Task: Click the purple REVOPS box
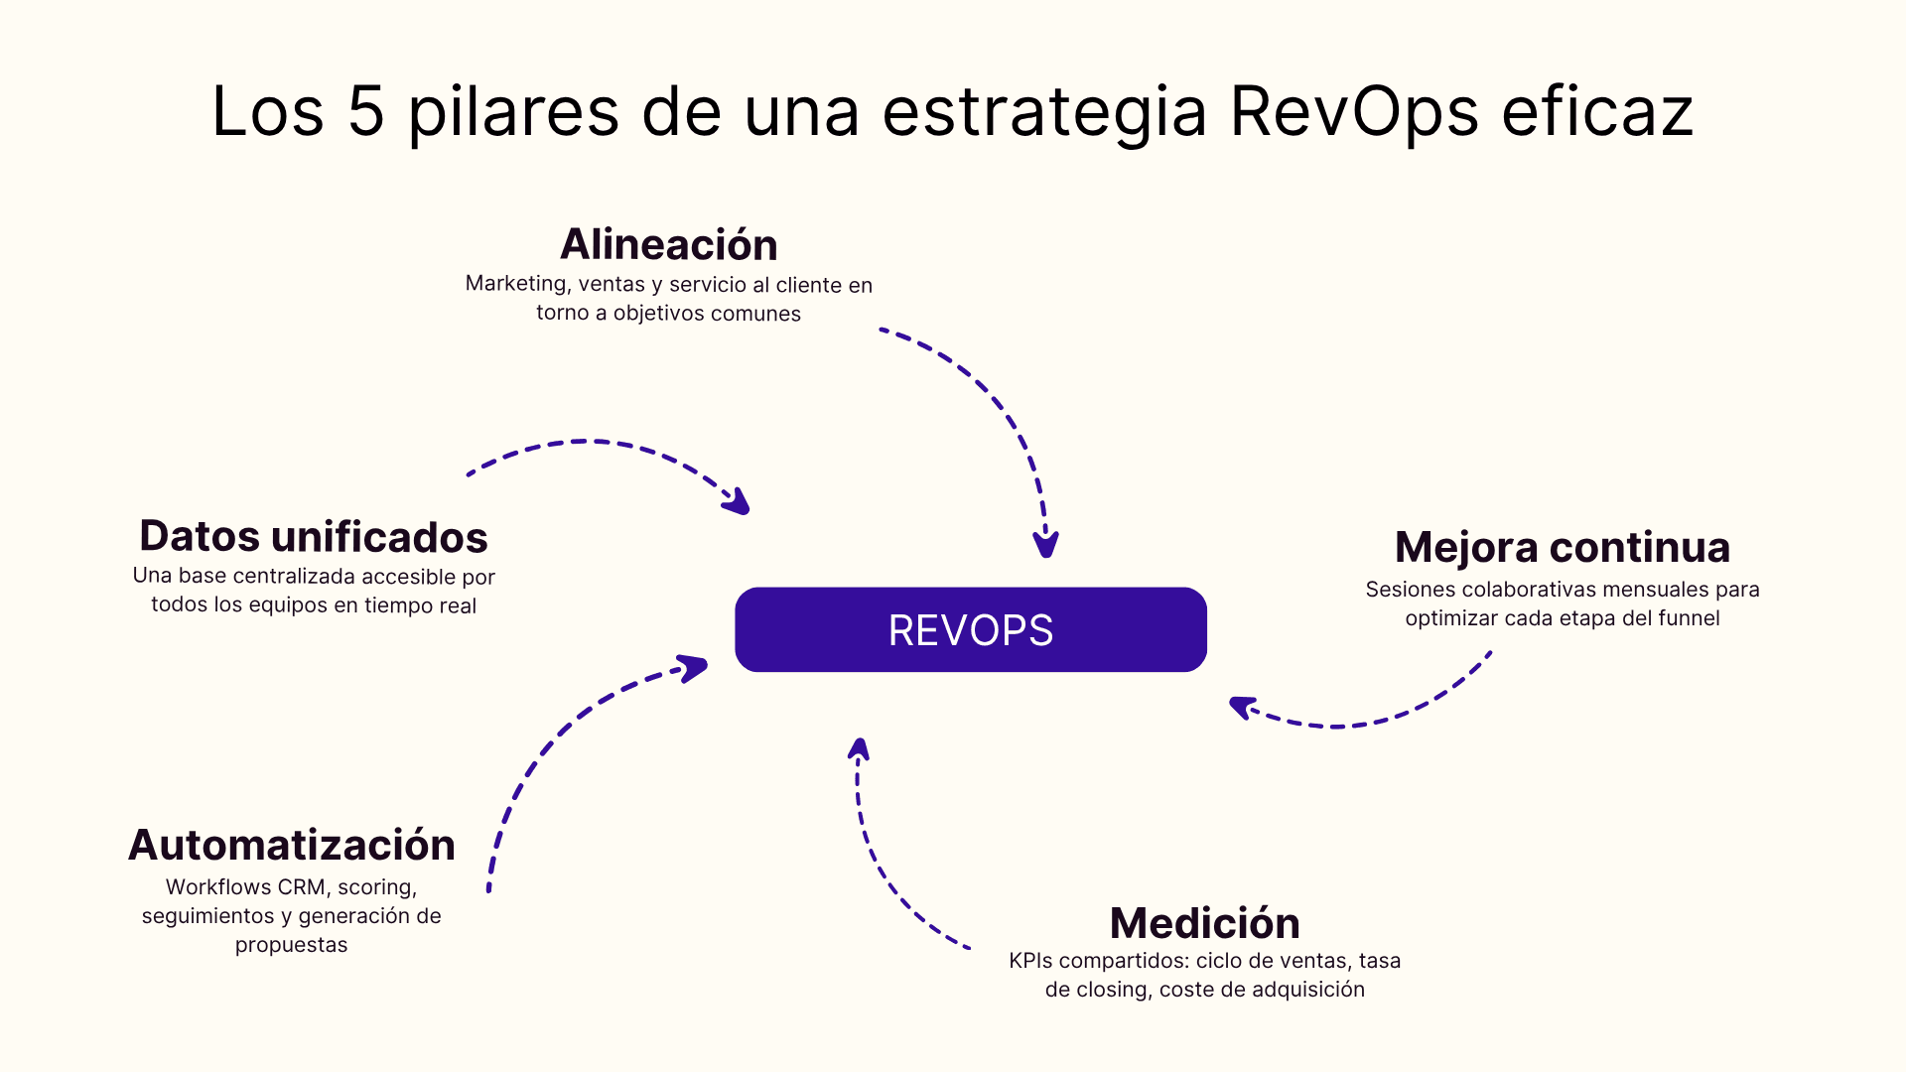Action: [970, 629]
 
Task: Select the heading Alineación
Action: [668, 244]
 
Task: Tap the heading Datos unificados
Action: [313, 536]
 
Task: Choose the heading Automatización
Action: [291, 845]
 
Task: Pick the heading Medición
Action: [1204, 923]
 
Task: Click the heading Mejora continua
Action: [1562, 547]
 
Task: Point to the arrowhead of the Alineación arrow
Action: [1045, 545]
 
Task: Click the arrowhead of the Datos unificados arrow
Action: [738, 502]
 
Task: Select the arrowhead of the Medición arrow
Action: [860, 749]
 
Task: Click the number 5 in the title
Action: [365, 111]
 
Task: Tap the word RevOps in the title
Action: [1354, 111]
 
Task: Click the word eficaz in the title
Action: [1596, 111]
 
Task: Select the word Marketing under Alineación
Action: [516, 284]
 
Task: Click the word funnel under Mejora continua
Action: [1689, 618]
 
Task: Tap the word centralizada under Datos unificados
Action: [294, 577]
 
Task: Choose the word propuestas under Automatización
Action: [291, 945]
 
